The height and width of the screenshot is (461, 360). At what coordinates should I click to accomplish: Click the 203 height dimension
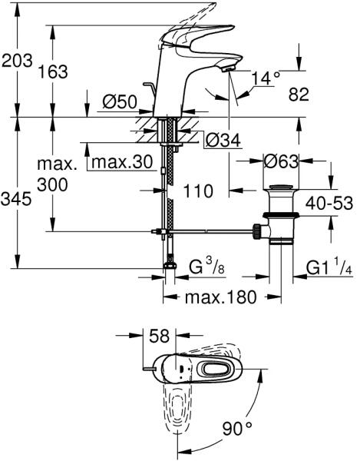click(17, 61)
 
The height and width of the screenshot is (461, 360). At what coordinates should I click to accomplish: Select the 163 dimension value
click(53, 71)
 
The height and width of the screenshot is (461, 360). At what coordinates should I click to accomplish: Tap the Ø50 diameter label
click(120, 102)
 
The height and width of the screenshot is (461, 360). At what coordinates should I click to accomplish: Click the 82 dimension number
click(299, 95)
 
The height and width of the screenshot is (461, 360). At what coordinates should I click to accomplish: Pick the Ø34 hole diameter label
click(223, 140)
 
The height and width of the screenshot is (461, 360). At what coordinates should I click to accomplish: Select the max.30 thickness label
click(122, 162)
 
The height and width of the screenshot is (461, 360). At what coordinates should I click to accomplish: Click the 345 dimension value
click(16, 199)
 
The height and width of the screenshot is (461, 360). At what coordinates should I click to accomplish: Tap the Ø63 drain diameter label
click(281, 161)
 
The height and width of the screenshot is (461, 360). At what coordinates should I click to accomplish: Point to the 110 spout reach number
click(198, 191)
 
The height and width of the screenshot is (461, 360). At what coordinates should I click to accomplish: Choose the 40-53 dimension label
click(329, 203)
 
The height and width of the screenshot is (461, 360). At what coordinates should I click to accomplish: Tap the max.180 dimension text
click(221, 297)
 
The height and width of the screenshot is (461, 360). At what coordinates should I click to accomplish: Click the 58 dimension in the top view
click(160, 336)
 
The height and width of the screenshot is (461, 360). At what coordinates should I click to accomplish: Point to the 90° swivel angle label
click(237, 429)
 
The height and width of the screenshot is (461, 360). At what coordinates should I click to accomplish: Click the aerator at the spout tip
click(228, 69)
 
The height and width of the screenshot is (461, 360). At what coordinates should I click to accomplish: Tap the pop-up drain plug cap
click(281, 188)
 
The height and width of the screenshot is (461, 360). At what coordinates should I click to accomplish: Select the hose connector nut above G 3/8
click(170, 264)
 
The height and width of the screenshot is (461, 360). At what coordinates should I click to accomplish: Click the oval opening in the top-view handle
click(213, 369)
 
